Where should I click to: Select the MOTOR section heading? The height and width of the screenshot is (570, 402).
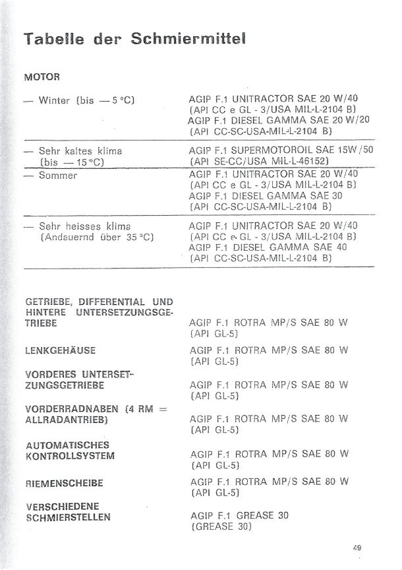tap(42, 76)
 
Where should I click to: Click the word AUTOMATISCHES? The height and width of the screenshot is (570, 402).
tap(67, 445)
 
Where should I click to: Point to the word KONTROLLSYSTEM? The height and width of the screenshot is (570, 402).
tap(69, 456)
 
